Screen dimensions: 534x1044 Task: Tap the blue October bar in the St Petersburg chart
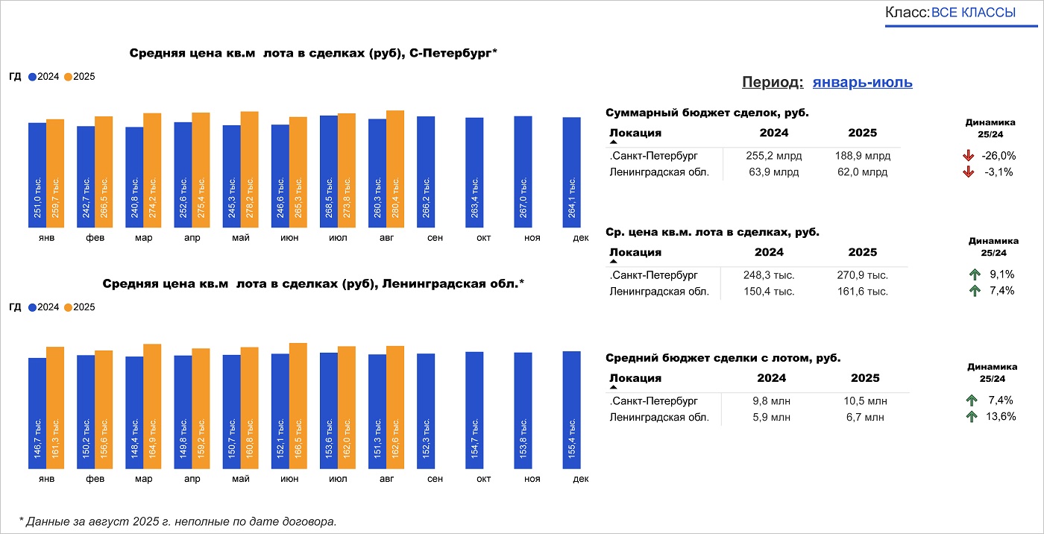coord(474,173)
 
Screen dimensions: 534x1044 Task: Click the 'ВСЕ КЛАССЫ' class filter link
coord(973,13)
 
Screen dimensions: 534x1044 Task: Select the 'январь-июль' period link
coord(862,82)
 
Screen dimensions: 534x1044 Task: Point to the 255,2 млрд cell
coord(772,156)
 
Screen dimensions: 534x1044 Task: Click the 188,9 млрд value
coord(862,156)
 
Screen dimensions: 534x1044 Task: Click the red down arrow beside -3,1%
coord(969,172)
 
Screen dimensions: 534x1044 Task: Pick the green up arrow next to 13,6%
coord(972,417)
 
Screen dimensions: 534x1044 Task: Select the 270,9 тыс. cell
coord(862,275)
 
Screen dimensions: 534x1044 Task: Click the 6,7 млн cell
coord(865,417)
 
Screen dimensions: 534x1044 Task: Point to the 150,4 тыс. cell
coord(769,291)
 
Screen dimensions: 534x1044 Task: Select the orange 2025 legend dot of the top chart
coord(68,77)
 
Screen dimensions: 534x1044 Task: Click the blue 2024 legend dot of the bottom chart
coord(32,307)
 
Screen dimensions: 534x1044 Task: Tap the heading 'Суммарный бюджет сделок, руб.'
coord(707,113)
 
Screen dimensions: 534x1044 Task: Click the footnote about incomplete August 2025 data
coord(177,521)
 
